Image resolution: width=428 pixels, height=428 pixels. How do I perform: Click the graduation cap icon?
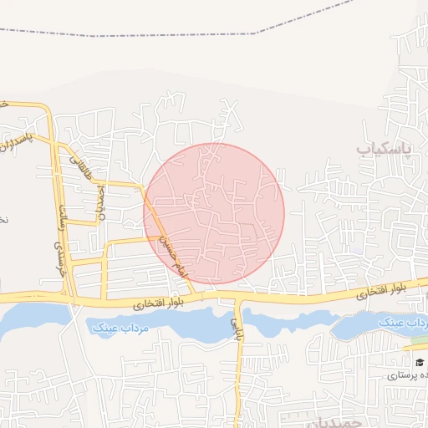(x=419, y=362)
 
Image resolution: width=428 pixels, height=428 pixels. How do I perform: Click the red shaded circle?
(x=214, y=213)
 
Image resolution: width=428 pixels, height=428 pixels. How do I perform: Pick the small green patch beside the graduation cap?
(x=415, y=344)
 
